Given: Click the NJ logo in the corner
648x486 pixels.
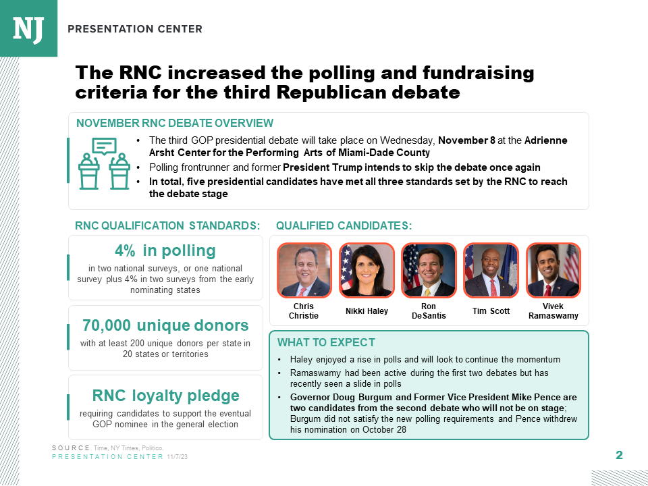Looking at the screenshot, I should (x=28, y=28).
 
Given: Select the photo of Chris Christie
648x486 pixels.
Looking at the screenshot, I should (x=304, y=270).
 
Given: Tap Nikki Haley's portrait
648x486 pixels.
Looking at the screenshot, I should (x=367, y=270).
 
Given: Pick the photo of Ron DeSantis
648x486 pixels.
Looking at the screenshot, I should (x=429, y=270).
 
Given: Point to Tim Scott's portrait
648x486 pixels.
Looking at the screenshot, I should (x=491, y=270).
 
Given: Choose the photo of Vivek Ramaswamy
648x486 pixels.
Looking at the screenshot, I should (x=553, y=270).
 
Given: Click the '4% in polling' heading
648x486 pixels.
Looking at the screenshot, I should (x=165, y=251).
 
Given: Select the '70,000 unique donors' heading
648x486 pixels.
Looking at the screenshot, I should (x=165, y=325).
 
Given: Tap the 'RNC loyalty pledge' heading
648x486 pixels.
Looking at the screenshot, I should (x=165, y=396).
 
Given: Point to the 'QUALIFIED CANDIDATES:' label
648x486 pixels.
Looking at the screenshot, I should (x=344, y=225).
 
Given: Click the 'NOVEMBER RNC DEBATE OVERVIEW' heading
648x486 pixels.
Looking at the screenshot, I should (x=175, y=123).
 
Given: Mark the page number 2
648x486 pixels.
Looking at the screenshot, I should (x=619, y=455).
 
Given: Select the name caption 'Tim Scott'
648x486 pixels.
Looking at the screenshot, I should (x=491, y=311).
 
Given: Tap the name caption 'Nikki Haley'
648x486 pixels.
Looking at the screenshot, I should (x=367, y=311).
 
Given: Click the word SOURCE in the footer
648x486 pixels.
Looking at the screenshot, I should (x=70, y=448).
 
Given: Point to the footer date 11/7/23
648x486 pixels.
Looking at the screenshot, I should (x=178, y=457).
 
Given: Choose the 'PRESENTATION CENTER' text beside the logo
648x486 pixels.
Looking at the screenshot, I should (x=135, y=29).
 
